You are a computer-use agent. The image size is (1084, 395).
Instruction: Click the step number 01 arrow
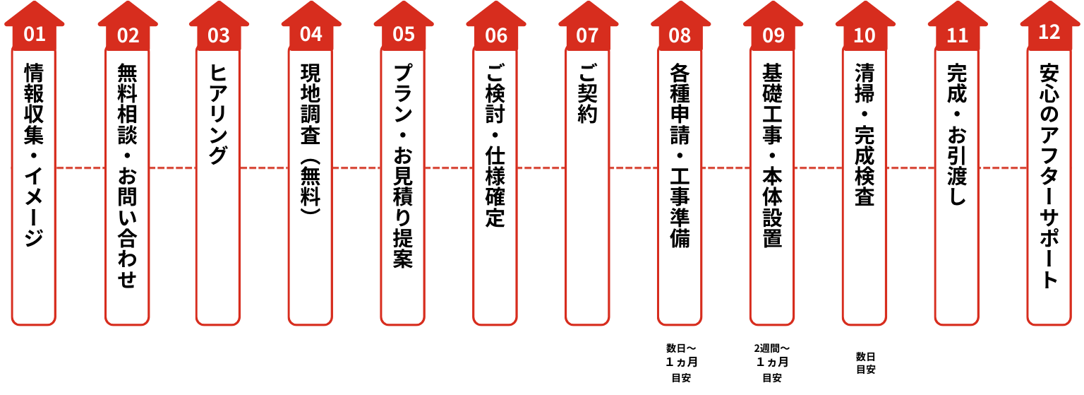(x=34, y=33)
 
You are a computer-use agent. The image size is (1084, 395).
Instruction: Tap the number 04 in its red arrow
(x=311, y=33)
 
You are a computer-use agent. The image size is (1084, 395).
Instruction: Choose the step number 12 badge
(x=1049, y=32)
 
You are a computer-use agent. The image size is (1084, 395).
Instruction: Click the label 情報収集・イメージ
(x=34, y=155)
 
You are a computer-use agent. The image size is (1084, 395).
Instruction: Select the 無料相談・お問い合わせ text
(x=127, y=176)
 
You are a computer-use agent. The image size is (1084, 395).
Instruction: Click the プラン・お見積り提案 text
(x=403, y=166)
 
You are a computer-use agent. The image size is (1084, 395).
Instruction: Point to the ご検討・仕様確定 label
(x=496, y=146)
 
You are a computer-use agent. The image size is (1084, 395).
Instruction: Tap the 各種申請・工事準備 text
(x=680, y=155)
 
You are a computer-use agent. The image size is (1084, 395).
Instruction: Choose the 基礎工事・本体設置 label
(x=773, y=155)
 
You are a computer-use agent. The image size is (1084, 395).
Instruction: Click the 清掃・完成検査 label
(x=865, y=135)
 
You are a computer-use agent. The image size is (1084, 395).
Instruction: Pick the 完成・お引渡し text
(x=957, y=135)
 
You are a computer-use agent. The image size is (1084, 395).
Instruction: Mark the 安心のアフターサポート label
(x=1049, y=176)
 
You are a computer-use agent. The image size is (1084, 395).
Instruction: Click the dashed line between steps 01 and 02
(x=80, y=168)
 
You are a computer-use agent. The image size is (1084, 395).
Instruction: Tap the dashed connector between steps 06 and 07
(x=541, y=168)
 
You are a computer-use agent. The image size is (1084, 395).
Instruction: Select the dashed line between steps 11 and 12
(x=1003, y=168)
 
